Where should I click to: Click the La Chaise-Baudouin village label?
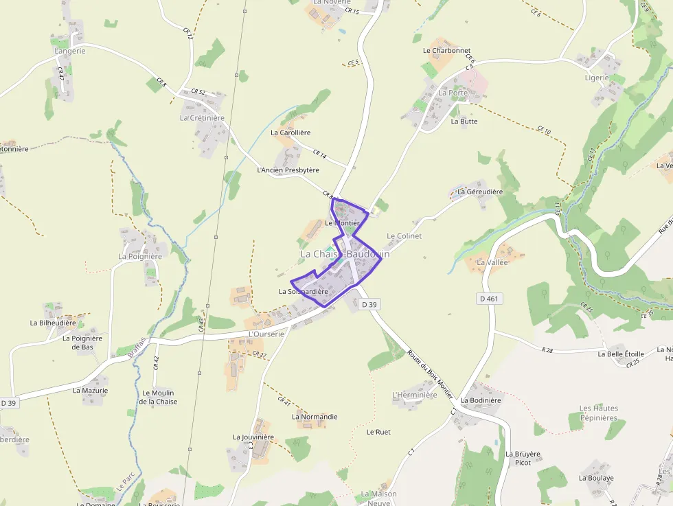click(345, 254)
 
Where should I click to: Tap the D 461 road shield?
click(488, 299)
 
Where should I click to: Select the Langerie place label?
click(70, 51)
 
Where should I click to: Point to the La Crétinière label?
click(202, 117)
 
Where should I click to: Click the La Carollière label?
click(290, 133)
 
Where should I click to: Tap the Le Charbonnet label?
click(446, 51)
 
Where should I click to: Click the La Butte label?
click(464, 122)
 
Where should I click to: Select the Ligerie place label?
click(597, 78)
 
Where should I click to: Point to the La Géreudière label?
click(480, 192)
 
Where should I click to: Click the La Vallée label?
click(492, 262)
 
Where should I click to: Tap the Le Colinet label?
click(404, 236)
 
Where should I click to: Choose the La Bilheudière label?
click(53, 322)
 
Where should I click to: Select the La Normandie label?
click(315, 417)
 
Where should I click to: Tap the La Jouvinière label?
click(253, 437)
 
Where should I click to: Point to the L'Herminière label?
click(414, 395)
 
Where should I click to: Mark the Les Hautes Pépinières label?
click(599, 413)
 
